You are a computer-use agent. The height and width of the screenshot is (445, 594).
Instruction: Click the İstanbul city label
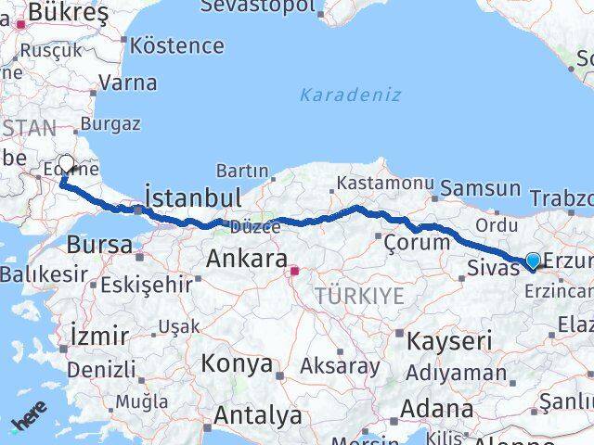tap(193, 197)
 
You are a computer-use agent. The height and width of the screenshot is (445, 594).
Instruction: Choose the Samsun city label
tap(480, 187)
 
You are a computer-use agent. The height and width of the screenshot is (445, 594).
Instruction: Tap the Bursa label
tap(98, 245)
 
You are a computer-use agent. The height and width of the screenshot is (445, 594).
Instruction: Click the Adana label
tap(436, 408)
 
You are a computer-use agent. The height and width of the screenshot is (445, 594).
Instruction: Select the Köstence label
tap(176, 44)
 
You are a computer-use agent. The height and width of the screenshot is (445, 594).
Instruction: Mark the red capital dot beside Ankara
tap(294, 272)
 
